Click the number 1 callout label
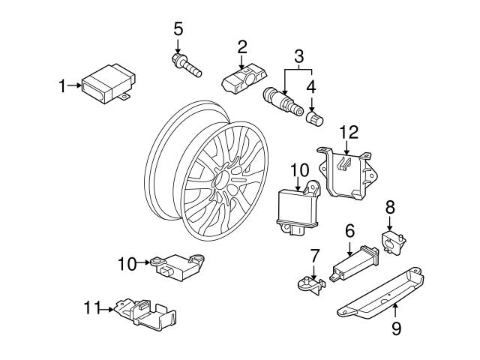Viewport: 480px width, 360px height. [63, 86]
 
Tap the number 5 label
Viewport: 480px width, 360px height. [178, 29]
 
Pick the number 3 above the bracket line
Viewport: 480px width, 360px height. [298, 55]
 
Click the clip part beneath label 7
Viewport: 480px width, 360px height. [307, 283]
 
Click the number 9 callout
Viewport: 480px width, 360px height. [397, 328]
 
